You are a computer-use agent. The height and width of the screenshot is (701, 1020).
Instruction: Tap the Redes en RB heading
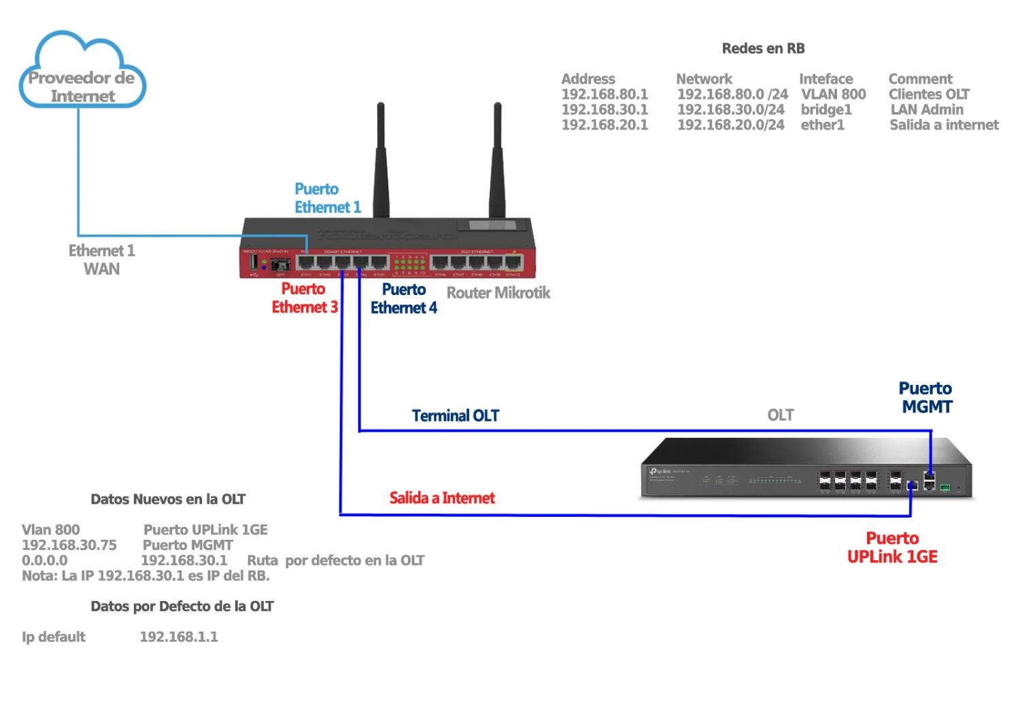[763, 48]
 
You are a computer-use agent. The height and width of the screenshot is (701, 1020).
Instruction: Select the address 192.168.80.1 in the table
[605, 95]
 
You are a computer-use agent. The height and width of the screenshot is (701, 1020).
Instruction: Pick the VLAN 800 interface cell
[833, 95]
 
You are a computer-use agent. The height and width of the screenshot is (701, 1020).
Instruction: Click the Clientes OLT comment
[928, 95]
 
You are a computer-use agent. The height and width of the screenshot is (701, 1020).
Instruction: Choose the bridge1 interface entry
[826, 109]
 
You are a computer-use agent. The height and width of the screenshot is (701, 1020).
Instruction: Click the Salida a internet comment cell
[944, 125]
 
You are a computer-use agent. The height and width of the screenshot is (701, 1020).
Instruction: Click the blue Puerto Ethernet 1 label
[327, 198]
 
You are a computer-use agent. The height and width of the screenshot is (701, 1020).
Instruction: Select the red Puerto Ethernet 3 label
[304, 298]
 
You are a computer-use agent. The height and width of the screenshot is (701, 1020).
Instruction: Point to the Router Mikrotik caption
[498, 293]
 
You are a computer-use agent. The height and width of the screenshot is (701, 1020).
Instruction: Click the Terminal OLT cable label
[455, 415]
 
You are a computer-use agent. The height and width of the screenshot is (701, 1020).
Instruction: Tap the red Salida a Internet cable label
[442, 498]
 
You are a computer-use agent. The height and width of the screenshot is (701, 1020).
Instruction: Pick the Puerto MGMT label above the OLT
[925, 398]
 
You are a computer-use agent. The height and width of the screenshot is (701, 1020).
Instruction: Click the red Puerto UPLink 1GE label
[892, 547]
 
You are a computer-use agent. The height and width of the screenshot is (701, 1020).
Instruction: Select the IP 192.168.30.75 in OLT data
[69, 545]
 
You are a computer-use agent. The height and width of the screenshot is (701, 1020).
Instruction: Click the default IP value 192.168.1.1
[178, 637]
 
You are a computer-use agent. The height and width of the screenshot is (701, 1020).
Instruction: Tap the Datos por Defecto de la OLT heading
[182, 606]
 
